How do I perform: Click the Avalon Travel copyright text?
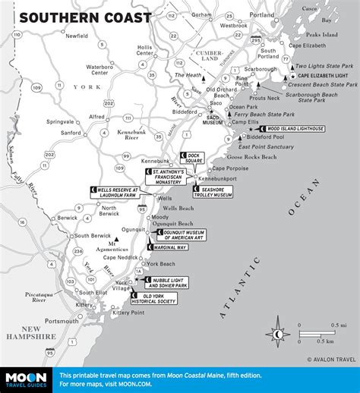pos(331,360)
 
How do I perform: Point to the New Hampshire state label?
pos(28,332)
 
